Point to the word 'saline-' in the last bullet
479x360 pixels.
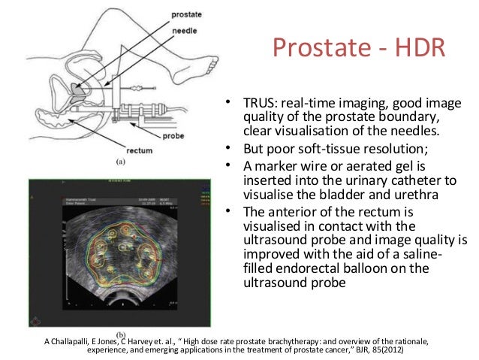tap(429, 255)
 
